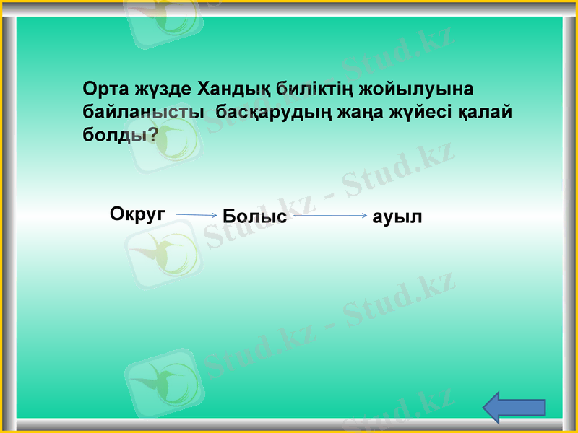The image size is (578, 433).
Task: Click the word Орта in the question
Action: pyautogui.click(x=106, y=90)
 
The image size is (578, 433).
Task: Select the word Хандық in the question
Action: pyautogui.click(x=230, y=90)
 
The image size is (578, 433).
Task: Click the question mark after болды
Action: pyautogui.click(x=152, y=135)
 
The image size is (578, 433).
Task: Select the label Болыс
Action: pyautogui.click(x=255, y=216)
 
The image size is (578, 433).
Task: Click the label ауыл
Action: pyautogui.click(x=397, y=216)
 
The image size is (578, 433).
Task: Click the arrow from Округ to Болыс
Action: pyautogui.click(x=196, y=215)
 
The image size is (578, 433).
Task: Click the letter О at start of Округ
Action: pyautogui.click(x=116, y=213)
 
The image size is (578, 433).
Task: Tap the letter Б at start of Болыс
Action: pyautogui.click(x=229, y=216)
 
